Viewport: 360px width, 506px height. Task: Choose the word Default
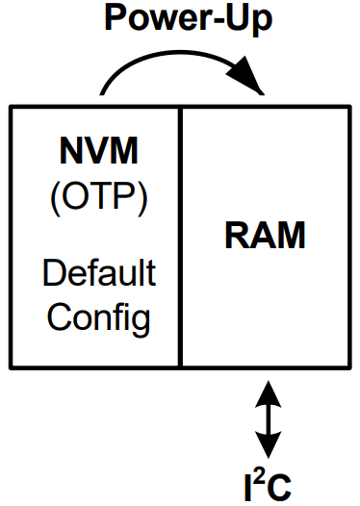tap(98, 273)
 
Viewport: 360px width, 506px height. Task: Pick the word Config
tap(98, 316)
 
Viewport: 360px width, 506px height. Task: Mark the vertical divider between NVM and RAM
tap(181, 237)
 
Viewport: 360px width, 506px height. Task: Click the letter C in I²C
tap(281, 485)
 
